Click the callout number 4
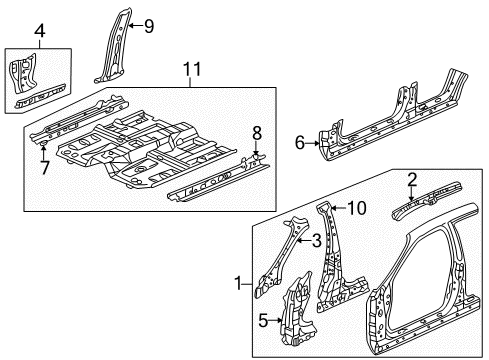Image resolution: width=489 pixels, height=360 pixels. click(40, 31)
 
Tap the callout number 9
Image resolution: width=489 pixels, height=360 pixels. click(149, 26)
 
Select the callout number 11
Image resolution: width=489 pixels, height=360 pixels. click(192, 69)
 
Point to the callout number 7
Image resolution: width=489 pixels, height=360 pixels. click(45, 167)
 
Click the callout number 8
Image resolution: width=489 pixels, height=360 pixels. click(257, 134)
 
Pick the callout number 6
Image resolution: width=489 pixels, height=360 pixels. click(300, 143)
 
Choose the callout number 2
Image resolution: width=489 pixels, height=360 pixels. click(412, 180)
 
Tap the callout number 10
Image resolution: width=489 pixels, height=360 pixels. click(357, 208)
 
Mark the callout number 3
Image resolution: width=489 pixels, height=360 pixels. click(316, 240)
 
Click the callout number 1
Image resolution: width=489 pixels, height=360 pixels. click(238, 284)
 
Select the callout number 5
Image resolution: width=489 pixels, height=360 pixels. click(263, 321)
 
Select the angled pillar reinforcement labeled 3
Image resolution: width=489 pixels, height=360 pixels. click(280, 258)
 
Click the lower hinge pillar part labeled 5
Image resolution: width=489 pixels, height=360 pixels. click(298, 312)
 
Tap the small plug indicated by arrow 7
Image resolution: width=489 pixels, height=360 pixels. click(43, 144)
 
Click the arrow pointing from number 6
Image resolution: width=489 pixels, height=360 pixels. click(313, 143)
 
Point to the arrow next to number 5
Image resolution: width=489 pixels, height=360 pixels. click(276, 320)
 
